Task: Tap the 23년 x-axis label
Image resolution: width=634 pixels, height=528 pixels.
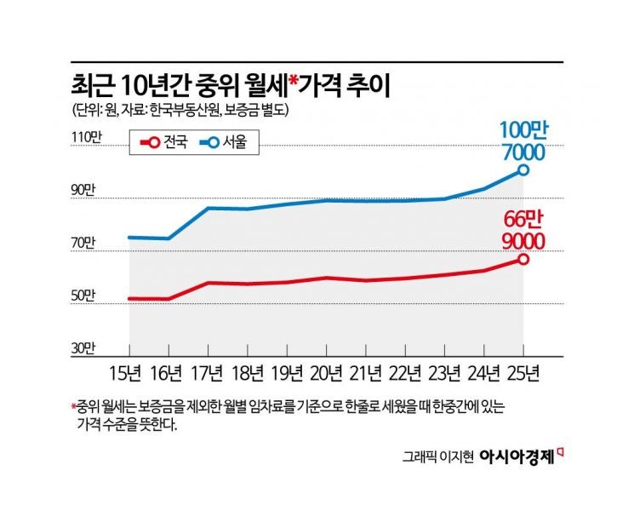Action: pyautogui.click(x=444, y=374)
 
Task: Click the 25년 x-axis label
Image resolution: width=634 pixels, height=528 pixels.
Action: pyautogui.click(x=523, y=374)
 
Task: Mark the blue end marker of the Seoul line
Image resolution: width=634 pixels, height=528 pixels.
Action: pyautogui.click(x=523, y=170)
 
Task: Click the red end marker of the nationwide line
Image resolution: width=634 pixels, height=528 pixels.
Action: pyautogui.click(x=523, y=259)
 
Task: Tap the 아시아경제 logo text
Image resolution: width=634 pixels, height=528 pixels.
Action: pyautogui.click(x=517, y=456)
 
